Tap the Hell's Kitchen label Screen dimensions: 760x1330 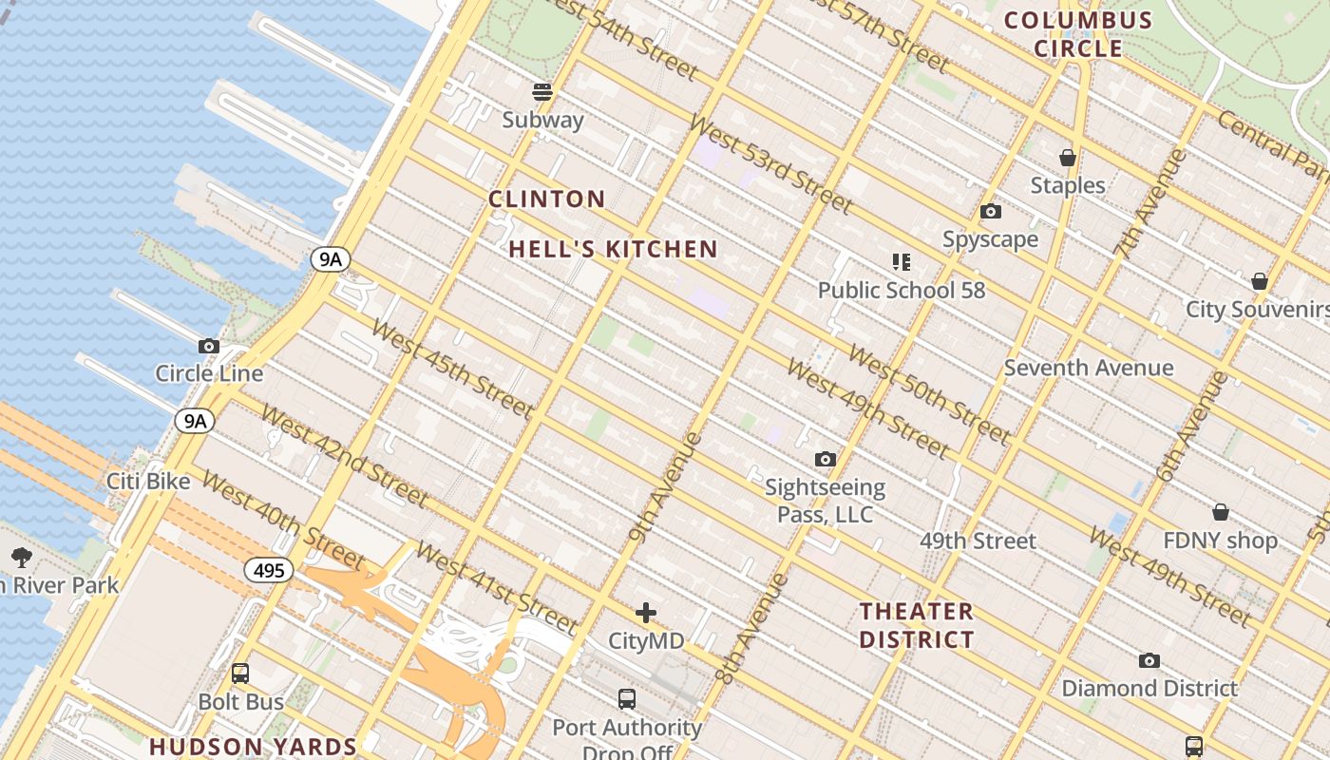[613, 249]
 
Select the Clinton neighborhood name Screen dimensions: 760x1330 [546, 199]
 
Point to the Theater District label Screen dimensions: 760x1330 [917, 625]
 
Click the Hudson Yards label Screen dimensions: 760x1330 [253, 746]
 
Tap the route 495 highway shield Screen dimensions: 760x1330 [269, 570]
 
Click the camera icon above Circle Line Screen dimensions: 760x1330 [209, 347]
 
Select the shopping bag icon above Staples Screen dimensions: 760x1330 [1068, 158]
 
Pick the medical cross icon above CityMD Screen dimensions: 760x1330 [646, 613]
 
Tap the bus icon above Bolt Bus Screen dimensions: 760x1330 [240, 674]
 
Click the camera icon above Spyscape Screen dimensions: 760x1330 [990, 212]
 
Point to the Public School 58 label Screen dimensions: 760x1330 [902, 290]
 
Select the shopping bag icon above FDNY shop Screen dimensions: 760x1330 [1221, 513]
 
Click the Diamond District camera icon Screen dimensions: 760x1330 [1149, 660]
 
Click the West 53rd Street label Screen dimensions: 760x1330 [770, 163]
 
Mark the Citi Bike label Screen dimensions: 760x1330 [148, 481]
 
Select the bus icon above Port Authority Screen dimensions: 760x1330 [627, 699]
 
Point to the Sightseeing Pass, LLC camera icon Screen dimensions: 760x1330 [826, 460]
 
